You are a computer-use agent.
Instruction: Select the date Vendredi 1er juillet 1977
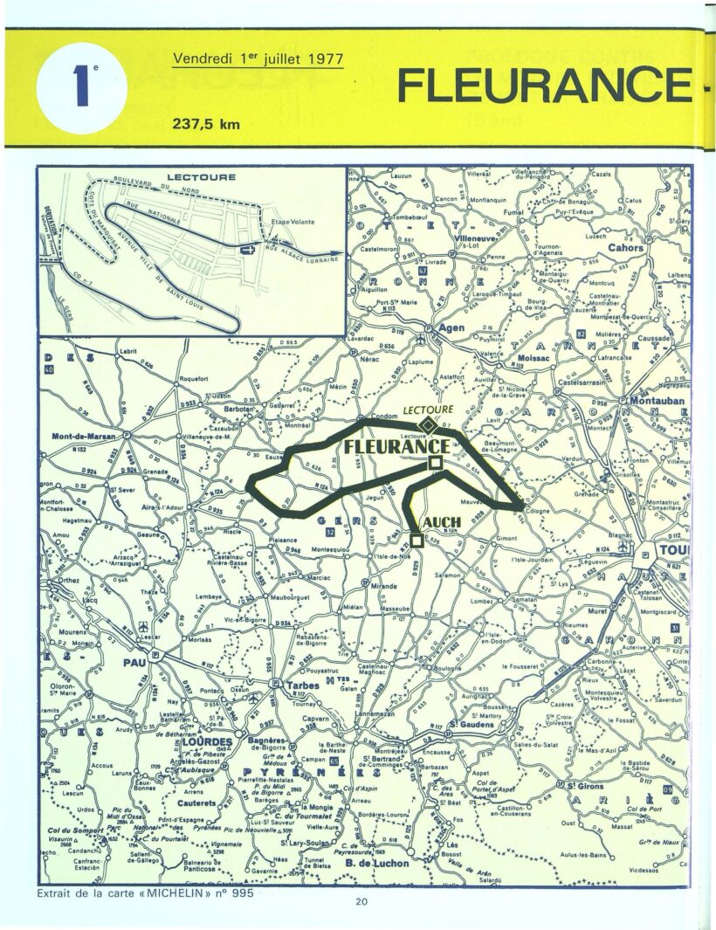pos(258,59)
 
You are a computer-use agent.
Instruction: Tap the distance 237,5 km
pos(208,123)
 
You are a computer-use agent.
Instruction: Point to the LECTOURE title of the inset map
pos(201,177)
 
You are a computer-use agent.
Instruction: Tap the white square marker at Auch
pos(417,541)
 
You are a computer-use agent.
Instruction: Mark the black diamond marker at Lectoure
pos(426,424)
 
